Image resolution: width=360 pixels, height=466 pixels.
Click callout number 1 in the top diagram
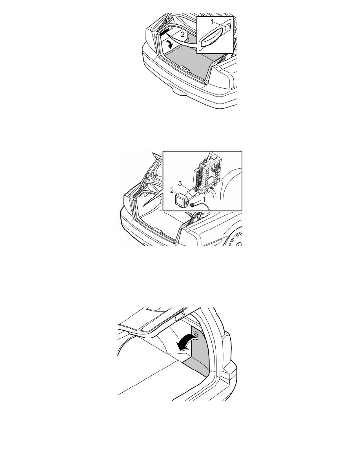point(213,22)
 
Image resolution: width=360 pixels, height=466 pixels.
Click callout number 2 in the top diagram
point(183,35)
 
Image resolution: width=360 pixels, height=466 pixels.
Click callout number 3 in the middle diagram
point(180,184)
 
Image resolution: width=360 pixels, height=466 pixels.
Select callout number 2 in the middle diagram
point(171,191)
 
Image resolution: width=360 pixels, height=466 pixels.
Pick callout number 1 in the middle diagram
point(204,199)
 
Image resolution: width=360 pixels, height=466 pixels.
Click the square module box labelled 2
point(180,199)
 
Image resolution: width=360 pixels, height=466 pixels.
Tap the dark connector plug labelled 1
point(193,204)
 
